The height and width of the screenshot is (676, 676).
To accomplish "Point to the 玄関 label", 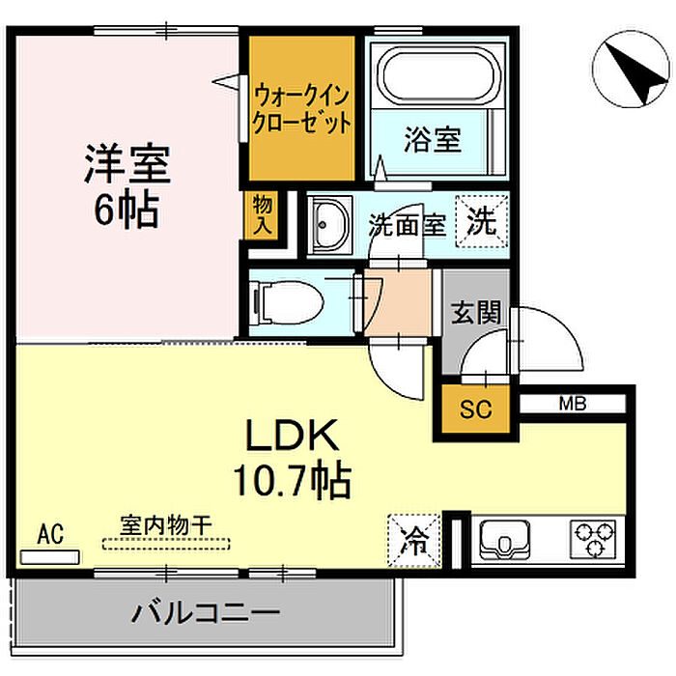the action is tap(476, 313).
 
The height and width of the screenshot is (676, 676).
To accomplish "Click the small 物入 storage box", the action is tap(262, 214).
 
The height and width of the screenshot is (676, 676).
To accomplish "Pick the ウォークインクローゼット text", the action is tap(302, 110).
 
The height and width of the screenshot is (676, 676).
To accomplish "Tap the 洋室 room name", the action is tap(127, 165).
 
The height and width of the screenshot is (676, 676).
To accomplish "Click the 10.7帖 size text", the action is tap(289, 479).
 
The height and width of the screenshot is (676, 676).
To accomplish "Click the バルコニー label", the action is tap(206, 612).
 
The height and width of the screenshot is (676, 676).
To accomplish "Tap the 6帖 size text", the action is tap(126, 210).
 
